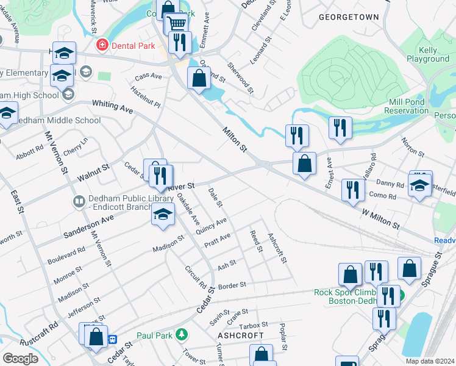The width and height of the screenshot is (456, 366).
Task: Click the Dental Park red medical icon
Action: tap(102, 45)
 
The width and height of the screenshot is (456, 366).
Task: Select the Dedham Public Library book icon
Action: tap(79, 201)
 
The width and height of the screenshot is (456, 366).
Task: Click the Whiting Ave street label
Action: tap(112, 107)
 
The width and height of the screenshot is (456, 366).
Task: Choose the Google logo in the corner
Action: tap(20, 358)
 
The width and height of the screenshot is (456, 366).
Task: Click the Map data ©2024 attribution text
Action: tap(429, 361)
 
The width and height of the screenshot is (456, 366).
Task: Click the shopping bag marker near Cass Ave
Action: tap(199, 78)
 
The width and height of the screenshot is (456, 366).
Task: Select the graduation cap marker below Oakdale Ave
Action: tap(163, 214)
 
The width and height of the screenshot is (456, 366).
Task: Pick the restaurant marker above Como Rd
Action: tap(353, 190)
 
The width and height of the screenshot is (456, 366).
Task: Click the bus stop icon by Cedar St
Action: tap(112, 339)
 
